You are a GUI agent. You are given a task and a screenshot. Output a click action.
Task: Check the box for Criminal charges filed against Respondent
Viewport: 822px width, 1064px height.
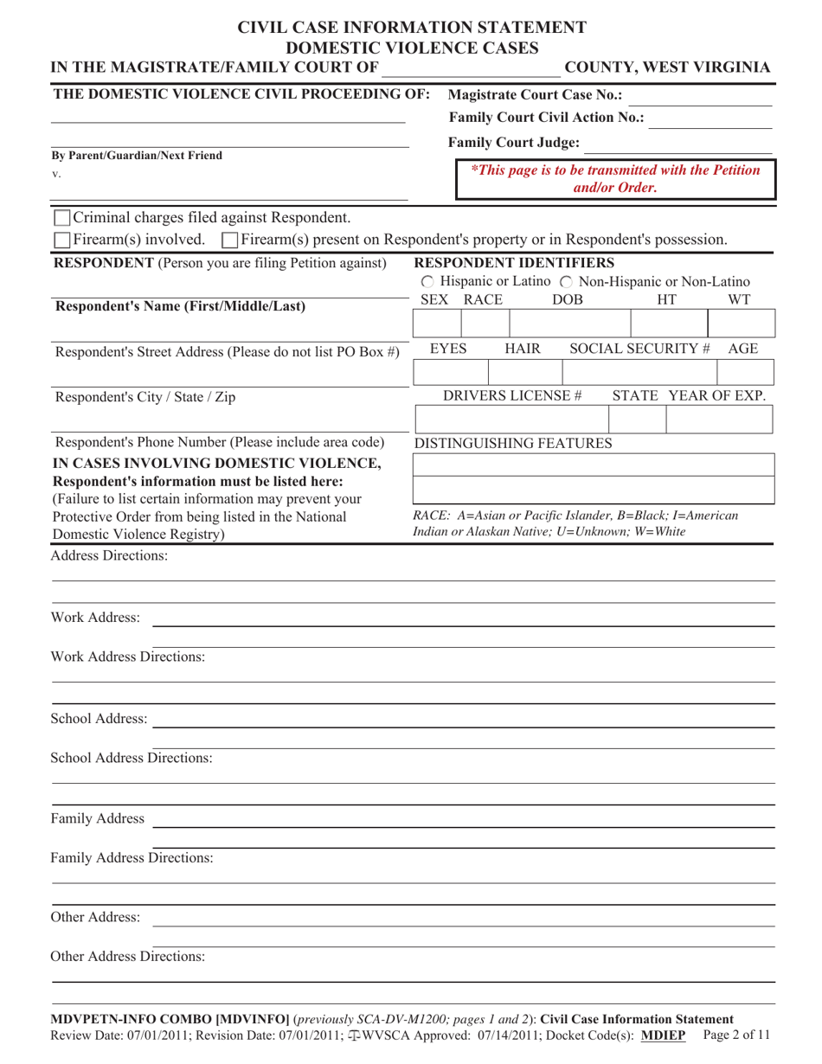pos(62,217)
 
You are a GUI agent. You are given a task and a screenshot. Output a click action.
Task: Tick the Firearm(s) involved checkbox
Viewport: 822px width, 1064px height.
pos(62,238)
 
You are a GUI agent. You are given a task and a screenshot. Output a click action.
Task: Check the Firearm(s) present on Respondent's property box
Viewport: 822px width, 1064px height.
pos(230,238)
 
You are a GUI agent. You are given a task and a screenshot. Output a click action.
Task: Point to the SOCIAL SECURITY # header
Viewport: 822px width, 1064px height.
pos(639,348)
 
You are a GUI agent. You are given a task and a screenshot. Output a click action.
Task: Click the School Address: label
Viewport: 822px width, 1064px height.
pos(99,719)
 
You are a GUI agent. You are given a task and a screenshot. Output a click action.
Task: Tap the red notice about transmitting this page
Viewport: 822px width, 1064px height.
pos(615,178)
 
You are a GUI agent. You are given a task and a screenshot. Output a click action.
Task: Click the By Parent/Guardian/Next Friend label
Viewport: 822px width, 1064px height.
pos(137,156)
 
